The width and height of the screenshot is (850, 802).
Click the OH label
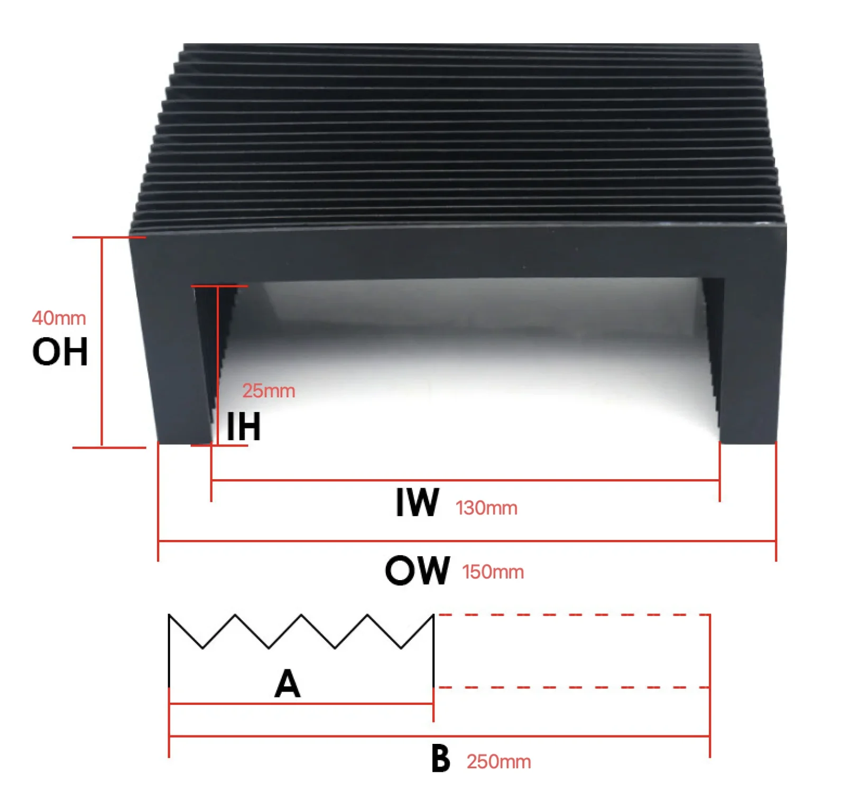click(60, 352)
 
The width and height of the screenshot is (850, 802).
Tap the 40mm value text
click(59, 318)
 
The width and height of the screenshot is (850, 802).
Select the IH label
click(244, 427)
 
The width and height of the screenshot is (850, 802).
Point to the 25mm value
click(269, 391)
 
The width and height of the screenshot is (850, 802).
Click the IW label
click(417, 502)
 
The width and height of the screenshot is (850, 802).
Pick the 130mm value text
click(486, 508)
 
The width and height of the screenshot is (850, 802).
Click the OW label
click(418, 571)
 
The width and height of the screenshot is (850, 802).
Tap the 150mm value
click(493, 572)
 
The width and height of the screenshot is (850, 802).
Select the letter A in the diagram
click(288, 684)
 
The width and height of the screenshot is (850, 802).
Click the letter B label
click(440, 759)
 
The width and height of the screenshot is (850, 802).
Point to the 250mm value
click(498, 762)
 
